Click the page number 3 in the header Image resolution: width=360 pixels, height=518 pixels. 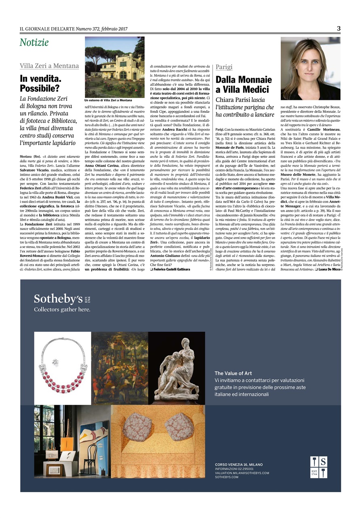pyautogui.click(x=339, y=28)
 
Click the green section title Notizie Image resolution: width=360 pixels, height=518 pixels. pyautogui.click(x=34, y=42)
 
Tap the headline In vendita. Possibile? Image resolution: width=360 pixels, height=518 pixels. pyautogui.click(x=41, y=83)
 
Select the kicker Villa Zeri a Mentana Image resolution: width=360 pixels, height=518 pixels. pyautogui.click(x=49, y=66)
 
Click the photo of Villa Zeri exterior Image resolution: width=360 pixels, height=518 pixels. pyautogui.click(x=114, y=67)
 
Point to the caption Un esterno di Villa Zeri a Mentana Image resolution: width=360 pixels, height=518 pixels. pyautogui.click(x=108, y=100)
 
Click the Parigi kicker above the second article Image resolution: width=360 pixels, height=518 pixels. pyautogui.click(x=224, y=67)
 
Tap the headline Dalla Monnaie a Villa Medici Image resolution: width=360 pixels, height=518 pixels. pyautogui.click(x=244, y=84)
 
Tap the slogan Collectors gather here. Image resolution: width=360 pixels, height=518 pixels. pyautogui.click(x=62, y=310)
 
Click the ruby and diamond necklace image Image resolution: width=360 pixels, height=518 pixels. pyautogui.click(x=63, y=368)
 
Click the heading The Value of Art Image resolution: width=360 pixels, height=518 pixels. pyautogui.click(x=233, y=374)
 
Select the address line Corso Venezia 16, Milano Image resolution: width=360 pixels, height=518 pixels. pyautogui.click(x=239, y=464)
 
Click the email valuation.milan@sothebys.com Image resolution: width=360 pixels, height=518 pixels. pyautogui.click(x=242, y=473)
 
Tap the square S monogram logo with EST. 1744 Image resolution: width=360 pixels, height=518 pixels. pyautogui.click(x=319, y=467)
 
